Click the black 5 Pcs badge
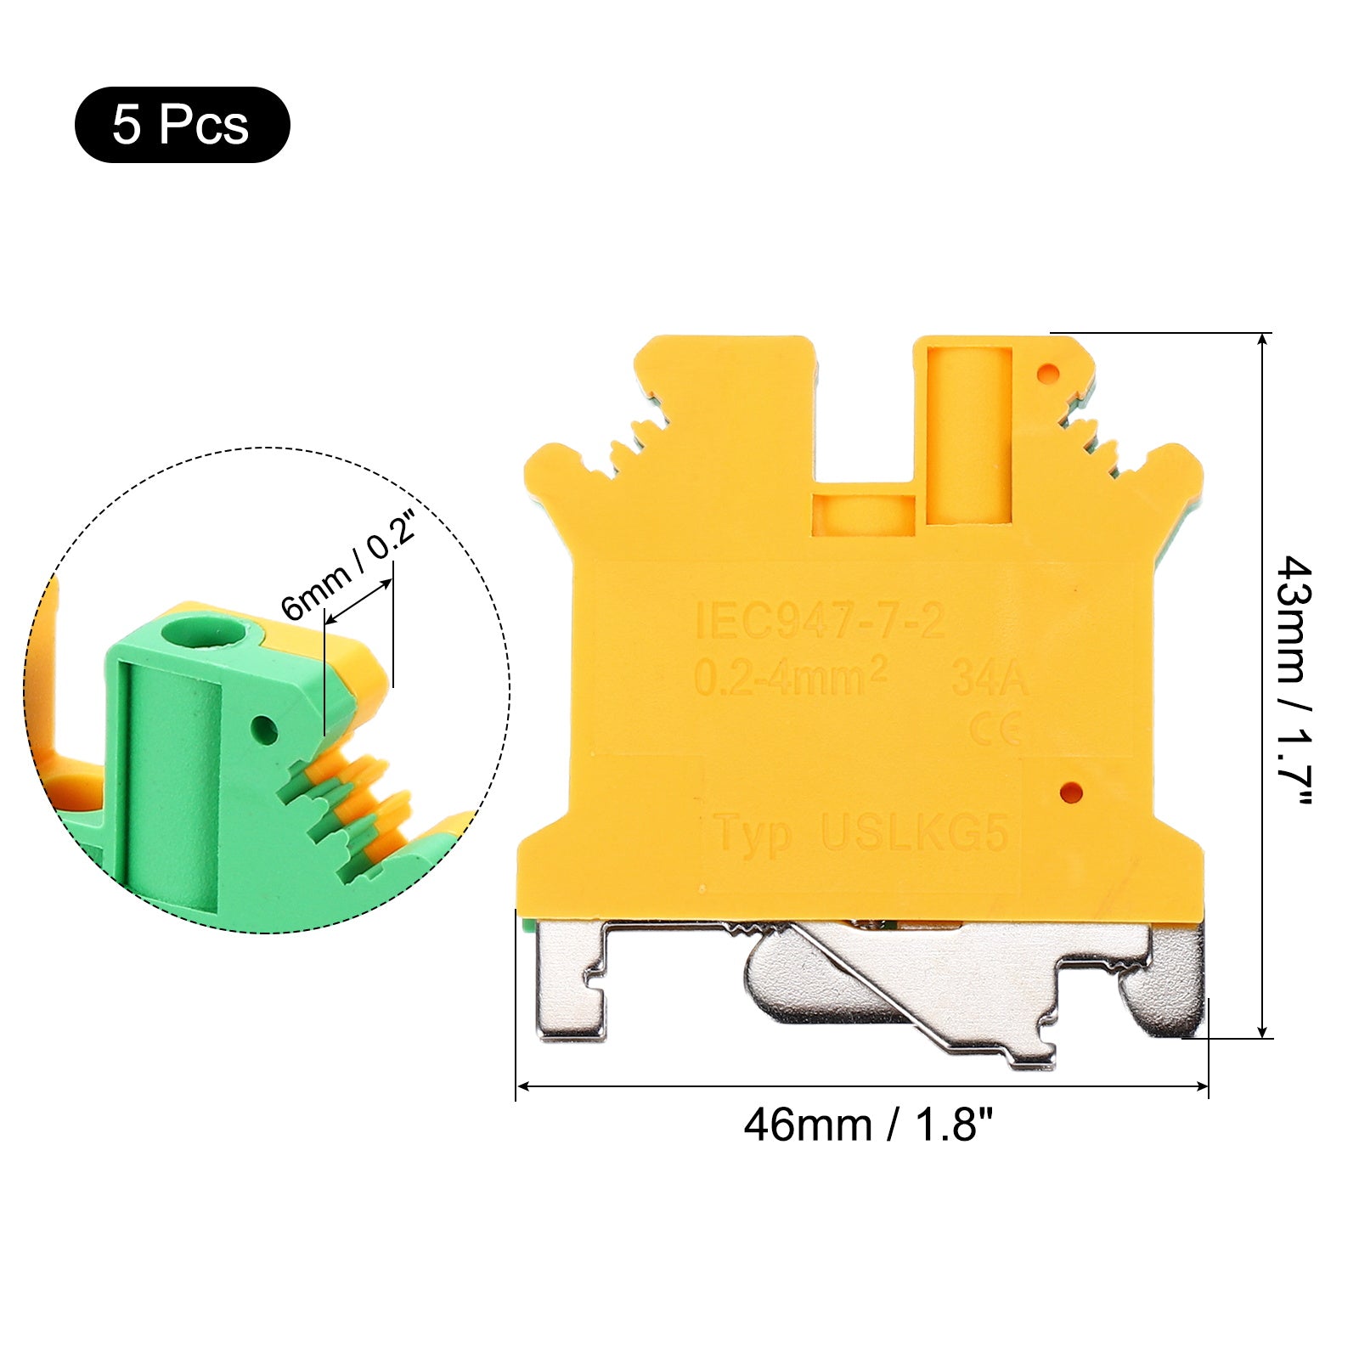pyautogui.click(x=183, y=125)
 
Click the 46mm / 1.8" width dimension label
pyautogui.click(x=868, y=1125)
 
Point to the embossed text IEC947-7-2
pyautogui.click(x=820, y=621)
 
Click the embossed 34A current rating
pyautogui.click(x=990, y=678)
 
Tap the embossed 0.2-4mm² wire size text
pyautogui.click(x=791, y=678)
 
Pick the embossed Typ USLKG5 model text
pyautogui.click(x=862, y=832)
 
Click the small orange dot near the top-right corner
pyautogui.click(x=1049, y=372)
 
